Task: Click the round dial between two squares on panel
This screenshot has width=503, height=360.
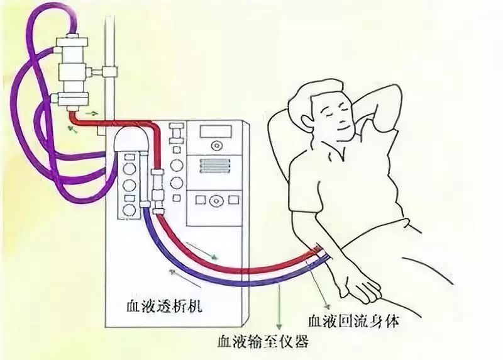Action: click(x=216, y=201)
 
